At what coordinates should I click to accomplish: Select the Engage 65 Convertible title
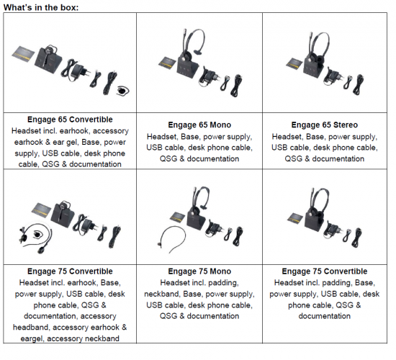(x=66, y=120)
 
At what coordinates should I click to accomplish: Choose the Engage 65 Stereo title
(x=325, y=124)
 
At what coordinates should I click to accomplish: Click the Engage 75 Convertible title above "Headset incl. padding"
(x=325, y=271)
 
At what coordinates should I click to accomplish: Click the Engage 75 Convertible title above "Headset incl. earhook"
(x=66, y=271)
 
